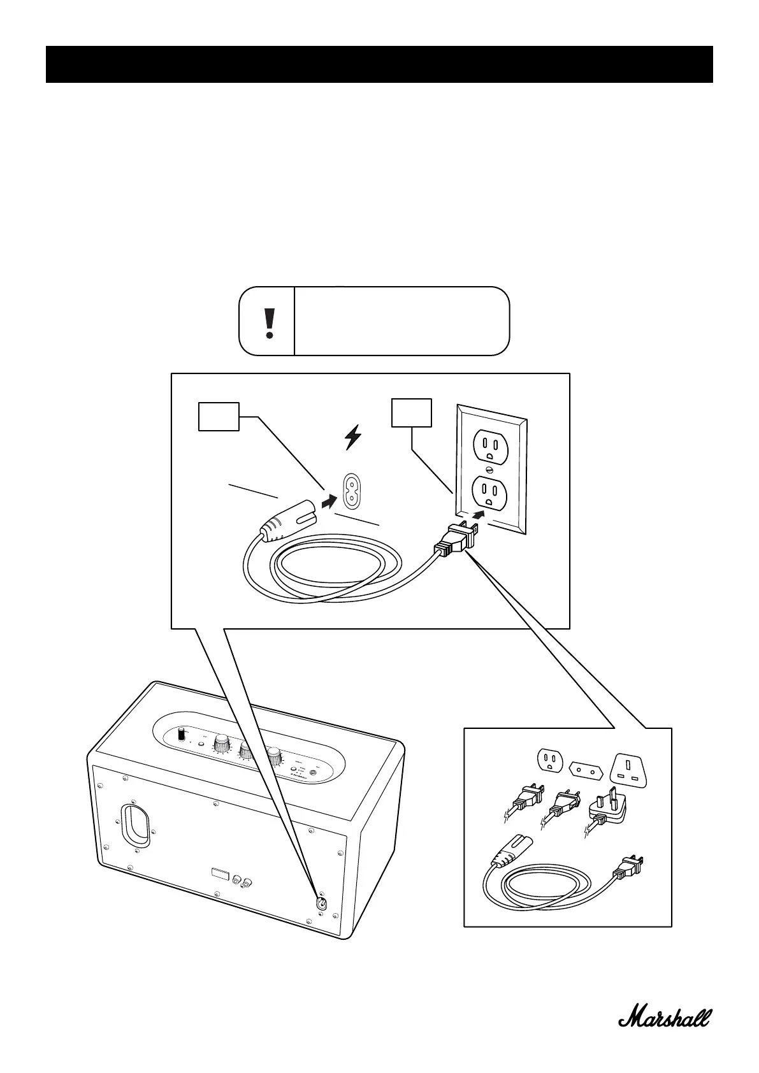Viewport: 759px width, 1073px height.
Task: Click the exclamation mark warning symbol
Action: click(x=270, y=322)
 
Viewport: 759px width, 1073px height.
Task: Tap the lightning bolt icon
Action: click(x=352, y=438)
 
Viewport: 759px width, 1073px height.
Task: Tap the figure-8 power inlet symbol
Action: click(x=351, y=491)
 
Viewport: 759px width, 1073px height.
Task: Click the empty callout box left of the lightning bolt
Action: click(x=219, y=416)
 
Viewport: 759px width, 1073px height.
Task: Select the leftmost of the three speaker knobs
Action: click(x=222, y=743)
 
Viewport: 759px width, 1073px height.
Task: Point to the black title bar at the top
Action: click(x=379, y=64)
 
